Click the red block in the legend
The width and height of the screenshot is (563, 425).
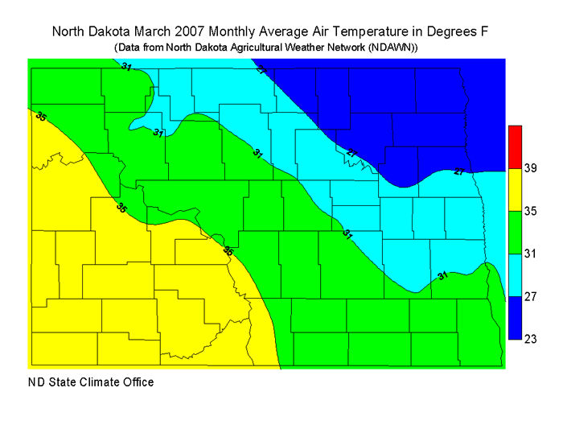pos(516,146)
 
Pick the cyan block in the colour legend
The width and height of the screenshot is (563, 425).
pos(516,274)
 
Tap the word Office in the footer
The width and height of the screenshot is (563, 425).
pos(136,382)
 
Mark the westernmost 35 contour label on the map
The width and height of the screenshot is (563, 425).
pos(41,117)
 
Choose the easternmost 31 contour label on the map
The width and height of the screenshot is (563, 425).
pos(442,276)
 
